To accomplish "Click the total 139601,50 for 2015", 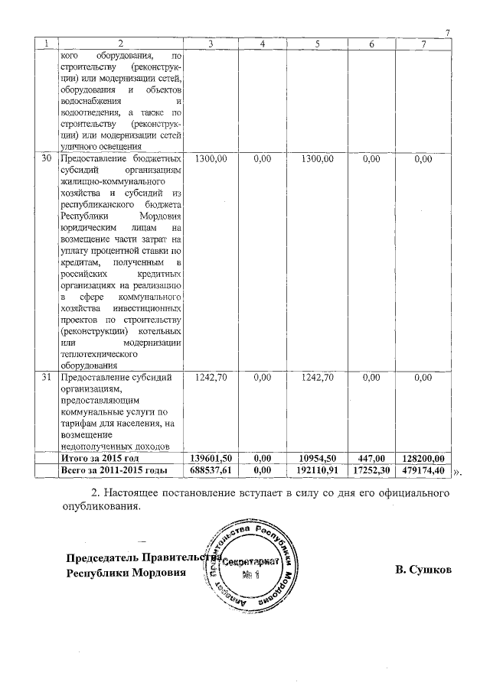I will tap(211, 457).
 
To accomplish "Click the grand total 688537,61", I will tap(211, 469).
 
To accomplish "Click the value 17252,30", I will tap(371, 469).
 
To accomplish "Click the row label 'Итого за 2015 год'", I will tap(99, 457).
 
